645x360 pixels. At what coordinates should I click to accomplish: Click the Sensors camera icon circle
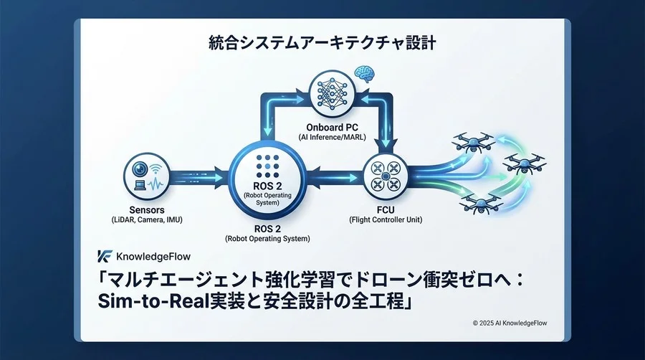[x=149, y=174]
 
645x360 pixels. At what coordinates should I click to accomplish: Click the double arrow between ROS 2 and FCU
[x=333, y=174]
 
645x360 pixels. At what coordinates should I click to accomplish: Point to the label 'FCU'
[x=386, y=209]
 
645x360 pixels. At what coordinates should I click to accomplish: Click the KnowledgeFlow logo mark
[x=104, y=256]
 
